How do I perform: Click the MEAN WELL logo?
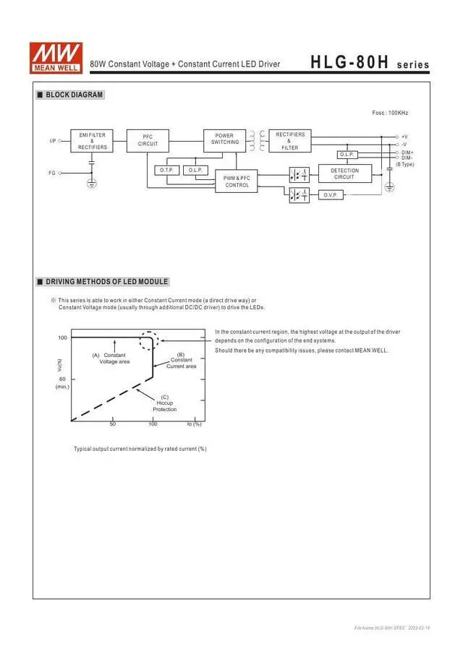56,56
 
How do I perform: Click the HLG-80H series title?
370,64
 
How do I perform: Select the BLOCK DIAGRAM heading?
74,95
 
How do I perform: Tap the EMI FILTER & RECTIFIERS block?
92,141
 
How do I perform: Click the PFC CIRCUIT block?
148,140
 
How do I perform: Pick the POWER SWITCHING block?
224,139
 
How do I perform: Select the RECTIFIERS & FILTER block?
289,141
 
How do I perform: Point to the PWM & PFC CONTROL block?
237,181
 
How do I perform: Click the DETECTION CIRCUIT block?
344,174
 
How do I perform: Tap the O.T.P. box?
165,171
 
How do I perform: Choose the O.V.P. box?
331,195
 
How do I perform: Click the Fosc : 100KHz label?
390,113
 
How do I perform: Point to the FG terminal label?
52,173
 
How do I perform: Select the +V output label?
404,137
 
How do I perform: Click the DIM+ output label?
407,152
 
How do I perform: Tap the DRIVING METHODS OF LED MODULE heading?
106,282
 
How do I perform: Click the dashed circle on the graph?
148,340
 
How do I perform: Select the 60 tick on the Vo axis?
62,379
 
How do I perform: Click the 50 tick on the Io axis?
112,424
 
